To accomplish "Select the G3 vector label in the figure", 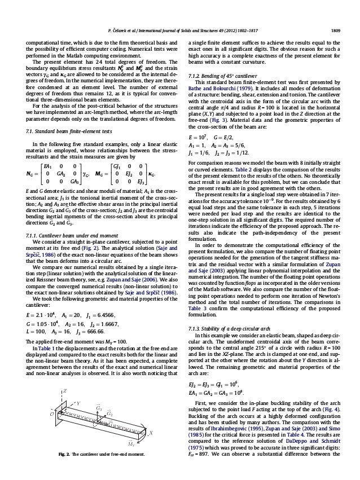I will point(99,406).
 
